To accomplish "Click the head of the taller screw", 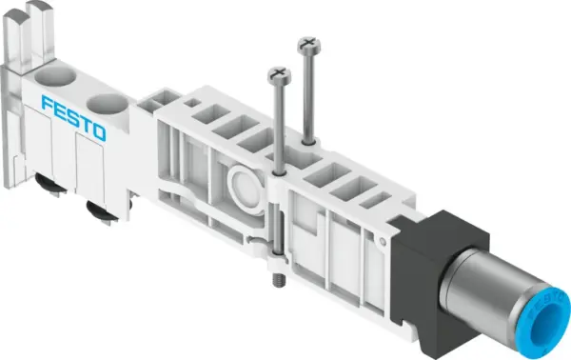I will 306,43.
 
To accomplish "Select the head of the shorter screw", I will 277,71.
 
